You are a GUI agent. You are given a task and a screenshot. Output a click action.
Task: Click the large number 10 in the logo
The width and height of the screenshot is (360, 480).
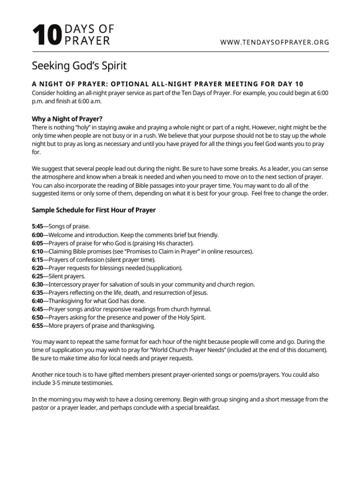pyautogui.click(x=46, y=36)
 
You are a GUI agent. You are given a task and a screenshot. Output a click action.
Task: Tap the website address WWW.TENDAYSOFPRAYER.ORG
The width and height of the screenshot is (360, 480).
pyautogui.click(x=275, y=42)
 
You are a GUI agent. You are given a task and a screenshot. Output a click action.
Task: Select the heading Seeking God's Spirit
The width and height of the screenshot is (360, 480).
pyautogui.click(x=79, y=65)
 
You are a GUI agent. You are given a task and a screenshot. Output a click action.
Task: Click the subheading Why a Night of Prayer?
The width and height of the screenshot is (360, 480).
pyautogui.click(x=67, y=119)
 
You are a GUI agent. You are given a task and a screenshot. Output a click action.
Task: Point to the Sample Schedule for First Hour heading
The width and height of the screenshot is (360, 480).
pyautogui.click(x=94, y=210)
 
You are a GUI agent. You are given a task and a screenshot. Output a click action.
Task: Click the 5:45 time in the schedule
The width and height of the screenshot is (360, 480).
pyautogui.click(x=37, y=226)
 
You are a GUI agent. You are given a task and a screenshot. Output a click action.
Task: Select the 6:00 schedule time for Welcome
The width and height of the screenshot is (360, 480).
pyautogui.click(x=37, y=235)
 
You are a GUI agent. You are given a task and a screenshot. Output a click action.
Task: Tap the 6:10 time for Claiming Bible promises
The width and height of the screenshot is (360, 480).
pyautogui.click(x=37, y=251)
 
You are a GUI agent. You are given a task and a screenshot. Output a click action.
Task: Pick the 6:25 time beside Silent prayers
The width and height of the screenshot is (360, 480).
pyautogui.click(x=37, y=276)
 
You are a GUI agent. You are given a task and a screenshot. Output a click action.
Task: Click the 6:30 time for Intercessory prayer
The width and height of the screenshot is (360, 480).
pyautogui.click(x=37, y=285)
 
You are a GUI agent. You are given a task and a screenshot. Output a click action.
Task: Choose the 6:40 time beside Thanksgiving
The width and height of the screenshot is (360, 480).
pyautogui.click(x=37, y=301)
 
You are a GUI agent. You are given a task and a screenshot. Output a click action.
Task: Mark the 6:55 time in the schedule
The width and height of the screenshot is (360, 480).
pyautogui.click(x=37, y=326)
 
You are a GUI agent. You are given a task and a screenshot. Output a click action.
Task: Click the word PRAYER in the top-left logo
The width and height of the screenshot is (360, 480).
pyautogui.click(x=87, y=41)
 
